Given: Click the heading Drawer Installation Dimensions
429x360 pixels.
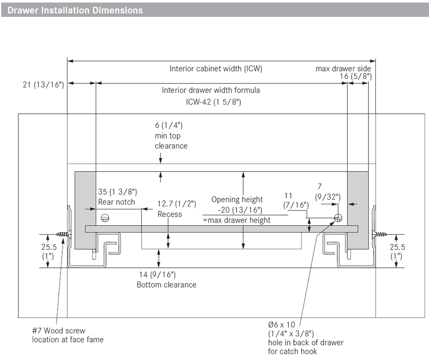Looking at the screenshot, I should click(x=75, y=10).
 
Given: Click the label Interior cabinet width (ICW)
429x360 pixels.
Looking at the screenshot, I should click(x=215, y=69).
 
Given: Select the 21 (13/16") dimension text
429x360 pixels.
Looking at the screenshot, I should click(x=43, y=85).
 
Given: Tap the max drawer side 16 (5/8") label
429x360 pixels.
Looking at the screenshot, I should click(x=344, y=73).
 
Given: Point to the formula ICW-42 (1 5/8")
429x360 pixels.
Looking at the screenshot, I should click(x=213, y=103).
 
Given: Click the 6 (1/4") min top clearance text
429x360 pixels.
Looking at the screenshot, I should click(x=171, y=136).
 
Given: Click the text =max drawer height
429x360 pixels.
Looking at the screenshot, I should click(x=236, y=220).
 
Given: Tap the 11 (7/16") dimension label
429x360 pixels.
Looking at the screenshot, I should click(x=296, y=200).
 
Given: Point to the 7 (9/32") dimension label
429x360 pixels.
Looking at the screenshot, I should click(x=327, y=192).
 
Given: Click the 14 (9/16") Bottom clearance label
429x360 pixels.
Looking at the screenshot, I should click(x=166, y=279).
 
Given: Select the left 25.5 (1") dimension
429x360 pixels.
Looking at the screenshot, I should click(x=48, y=251).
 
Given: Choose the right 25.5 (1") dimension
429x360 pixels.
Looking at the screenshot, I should click(x=397, y=251).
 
